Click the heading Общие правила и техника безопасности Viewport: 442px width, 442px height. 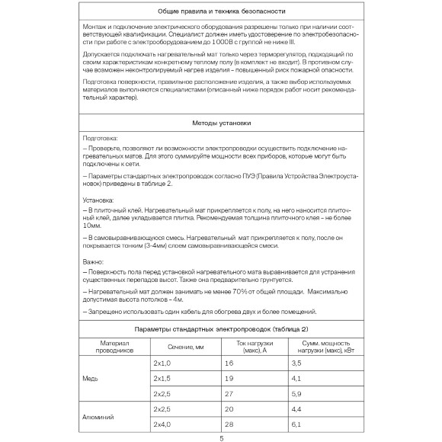pyautogui.click(x=221, y=13)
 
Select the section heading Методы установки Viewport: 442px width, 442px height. pyautogui.click(x=221, y=122)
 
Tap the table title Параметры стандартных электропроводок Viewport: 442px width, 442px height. pyautogui.click(x=221, y=328)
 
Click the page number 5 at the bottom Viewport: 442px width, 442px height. pyautogui.click(x=221, y=437)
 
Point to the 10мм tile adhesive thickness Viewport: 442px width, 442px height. pyautogui.click(x=91, y=226)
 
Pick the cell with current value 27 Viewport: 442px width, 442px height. pyautogui.click(x=229, y=393)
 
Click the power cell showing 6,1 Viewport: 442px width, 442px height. pyautogui.click(x=296, y=424)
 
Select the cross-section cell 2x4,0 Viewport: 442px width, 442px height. pyautogui.click(x=162, y=424)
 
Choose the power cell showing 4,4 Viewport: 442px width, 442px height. pyautogui.click(x=296, y=409)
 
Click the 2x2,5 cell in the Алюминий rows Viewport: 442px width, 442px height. pyautogui.click(x=162, y=409)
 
